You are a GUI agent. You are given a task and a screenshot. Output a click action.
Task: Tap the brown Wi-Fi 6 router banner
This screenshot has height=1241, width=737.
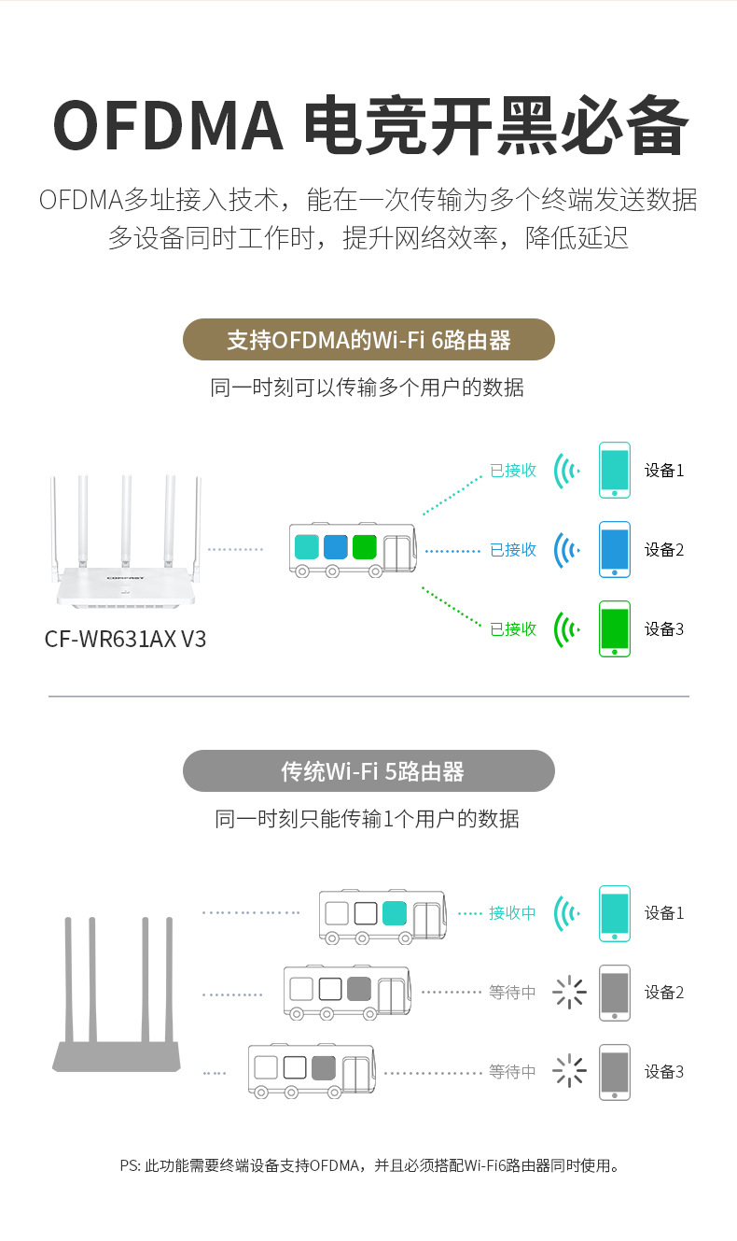click(x=368, y=340)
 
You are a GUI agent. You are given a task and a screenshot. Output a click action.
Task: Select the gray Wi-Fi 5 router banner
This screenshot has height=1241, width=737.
click(x=368, y=771)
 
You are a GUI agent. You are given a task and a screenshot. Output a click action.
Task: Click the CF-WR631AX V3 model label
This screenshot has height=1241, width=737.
click(x=126, y=640)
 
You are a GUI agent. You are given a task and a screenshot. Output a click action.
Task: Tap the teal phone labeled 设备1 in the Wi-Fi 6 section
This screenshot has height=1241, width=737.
click(x=615, y=470)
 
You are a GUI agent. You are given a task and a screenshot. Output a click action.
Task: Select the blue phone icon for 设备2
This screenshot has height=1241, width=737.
click(x=615, y=549)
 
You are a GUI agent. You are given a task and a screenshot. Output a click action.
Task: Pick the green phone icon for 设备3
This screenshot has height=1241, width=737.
click(x=615, y=628)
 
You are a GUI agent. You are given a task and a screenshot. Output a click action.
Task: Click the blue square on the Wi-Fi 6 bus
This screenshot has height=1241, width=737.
click(x=335, y=546)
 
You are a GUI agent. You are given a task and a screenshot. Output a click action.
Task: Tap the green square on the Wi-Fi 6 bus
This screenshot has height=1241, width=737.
click(x=364, y=546)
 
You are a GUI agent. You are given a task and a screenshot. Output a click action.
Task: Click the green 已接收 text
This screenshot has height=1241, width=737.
click(x=513, y=629)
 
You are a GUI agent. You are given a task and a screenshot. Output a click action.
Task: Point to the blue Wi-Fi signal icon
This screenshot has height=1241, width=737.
click(x=565, y=549)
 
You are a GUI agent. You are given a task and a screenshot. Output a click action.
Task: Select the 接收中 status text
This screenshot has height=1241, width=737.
click(x=513, y=913)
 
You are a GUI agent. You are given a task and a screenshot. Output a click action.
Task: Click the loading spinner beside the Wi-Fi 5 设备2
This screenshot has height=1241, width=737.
click(x=569, y=993)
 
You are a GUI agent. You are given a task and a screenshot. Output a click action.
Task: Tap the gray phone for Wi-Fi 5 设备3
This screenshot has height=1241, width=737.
click(x=615, y=1072)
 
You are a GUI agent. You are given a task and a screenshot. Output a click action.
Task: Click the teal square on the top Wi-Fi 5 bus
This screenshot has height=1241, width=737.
click(x=394, y=913)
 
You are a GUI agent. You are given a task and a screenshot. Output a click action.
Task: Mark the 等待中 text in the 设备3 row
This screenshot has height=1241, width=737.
click(x=513, y=1072)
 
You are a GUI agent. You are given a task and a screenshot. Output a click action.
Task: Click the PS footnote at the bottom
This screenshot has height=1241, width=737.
click(x=368, y=1165)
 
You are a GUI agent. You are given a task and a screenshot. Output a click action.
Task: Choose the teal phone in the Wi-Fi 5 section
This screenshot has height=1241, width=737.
click(x=615, y=913)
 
